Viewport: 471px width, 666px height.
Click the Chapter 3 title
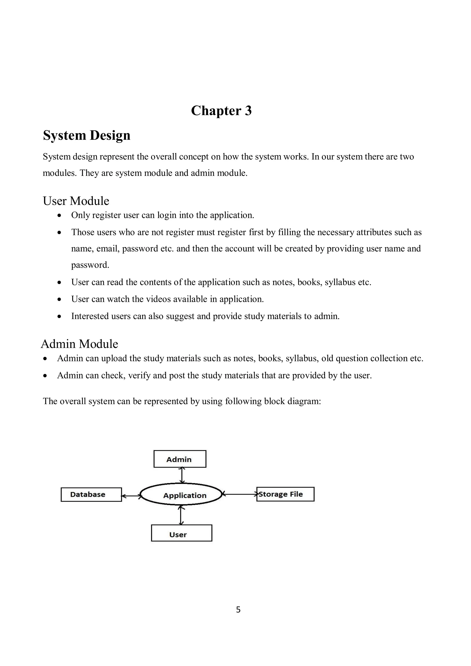[x=221, y=111]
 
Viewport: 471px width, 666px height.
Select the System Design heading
[x=86, y=135]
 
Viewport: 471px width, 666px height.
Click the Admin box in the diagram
[x=180, y=459]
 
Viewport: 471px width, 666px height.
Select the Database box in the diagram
[x=91, y=494]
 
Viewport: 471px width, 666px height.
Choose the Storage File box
[x=285, y=494]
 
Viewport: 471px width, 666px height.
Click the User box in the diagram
[x=181, y=534]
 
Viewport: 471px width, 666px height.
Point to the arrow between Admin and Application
[x=182, y=475]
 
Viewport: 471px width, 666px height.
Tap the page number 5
[x=238, y=610]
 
